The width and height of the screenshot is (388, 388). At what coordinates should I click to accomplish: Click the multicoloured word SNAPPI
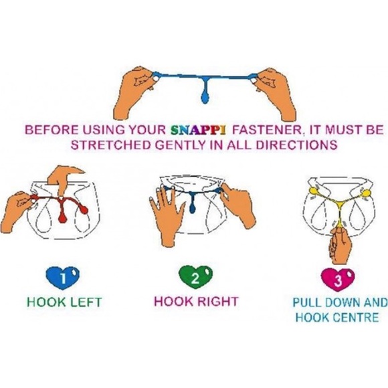coord(198,130)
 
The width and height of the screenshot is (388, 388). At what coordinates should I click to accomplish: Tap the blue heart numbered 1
coord(63,278)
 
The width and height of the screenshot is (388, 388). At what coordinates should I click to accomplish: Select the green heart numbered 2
coord(195,278)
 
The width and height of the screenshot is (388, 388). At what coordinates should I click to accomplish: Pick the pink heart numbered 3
coord(338,280)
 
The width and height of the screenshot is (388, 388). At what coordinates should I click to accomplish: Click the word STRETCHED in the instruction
coord(111,144)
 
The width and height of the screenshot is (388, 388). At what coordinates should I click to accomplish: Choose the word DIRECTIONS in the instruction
coord(296,144)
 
